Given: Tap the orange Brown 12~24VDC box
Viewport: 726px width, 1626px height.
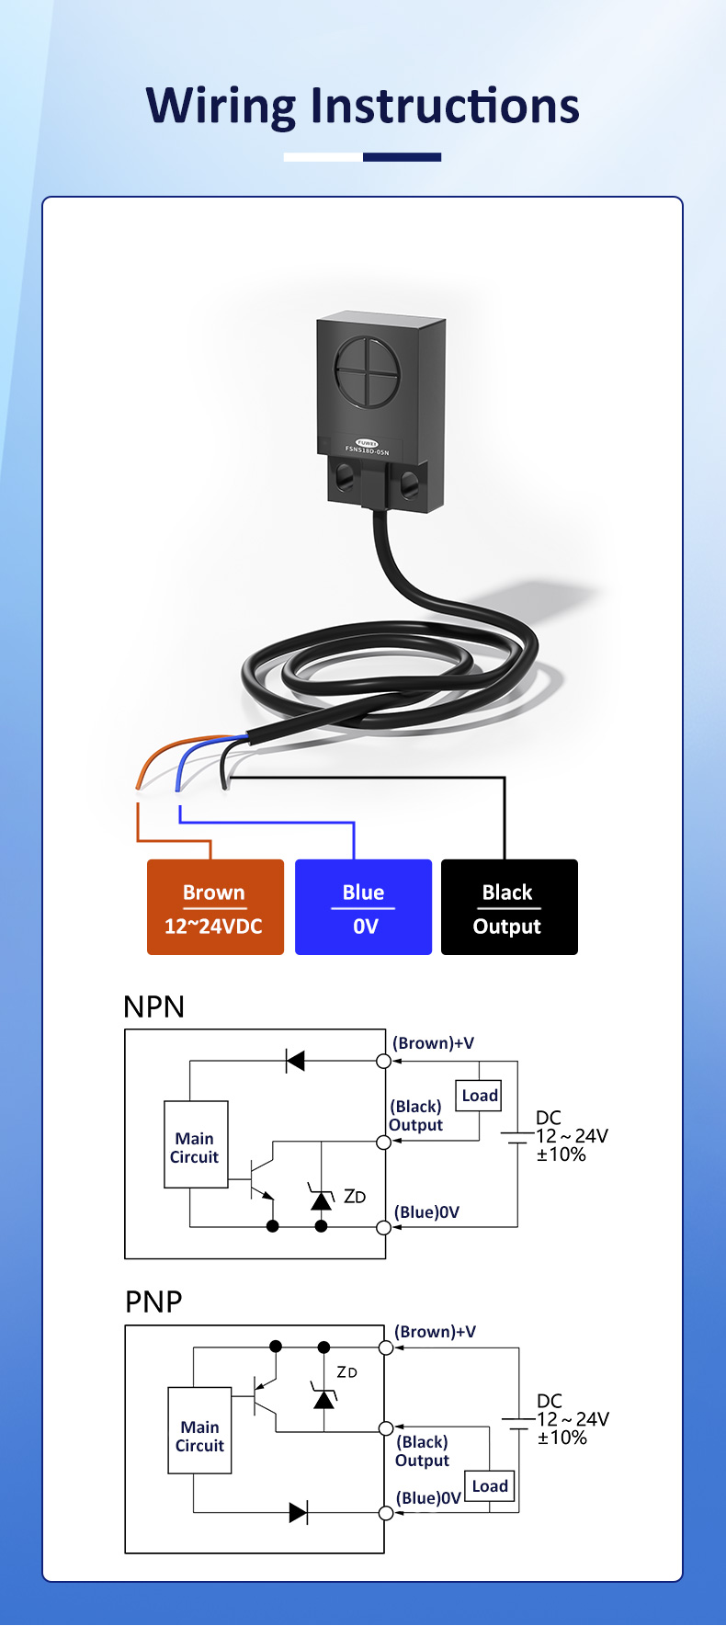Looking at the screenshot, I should coord(215,907).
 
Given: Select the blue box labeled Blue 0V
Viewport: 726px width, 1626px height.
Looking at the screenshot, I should coord(363,907).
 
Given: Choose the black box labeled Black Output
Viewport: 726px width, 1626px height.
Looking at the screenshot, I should coord(509,907).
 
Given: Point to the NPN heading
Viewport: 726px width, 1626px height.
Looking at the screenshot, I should coord(154,1006).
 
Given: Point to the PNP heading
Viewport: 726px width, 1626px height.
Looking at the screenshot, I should coord(153,1302).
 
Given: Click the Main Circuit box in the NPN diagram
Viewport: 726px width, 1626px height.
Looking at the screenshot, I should coord(196,1145).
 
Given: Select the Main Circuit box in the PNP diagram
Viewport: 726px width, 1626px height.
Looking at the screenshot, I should coord(199,1431).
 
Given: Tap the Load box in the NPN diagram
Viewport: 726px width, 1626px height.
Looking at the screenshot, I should coord(480,1096).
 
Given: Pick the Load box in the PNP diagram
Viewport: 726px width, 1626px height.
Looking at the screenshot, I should coord(489,1486).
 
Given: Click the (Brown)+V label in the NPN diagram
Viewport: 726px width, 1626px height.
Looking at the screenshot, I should coord(434,1043).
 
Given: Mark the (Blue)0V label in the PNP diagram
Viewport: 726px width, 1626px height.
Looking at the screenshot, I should coord(428,1498).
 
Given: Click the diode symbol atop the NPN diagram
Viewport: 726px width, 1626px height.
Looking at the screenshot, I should coord(295,1061).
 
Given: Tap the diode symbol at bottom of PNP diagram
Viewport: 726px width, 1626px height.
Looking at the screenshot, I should coord(298,1513).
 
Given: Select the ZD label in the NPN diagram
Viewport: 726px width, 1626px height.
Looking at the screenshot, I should coord(355,1197).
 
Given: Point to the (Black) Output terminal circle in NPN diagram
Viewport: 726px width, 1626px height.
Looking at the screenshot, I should coord(384,1143).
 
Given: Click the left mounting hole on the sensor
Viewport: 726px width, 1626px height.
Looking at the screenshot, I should coord(346,475).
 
